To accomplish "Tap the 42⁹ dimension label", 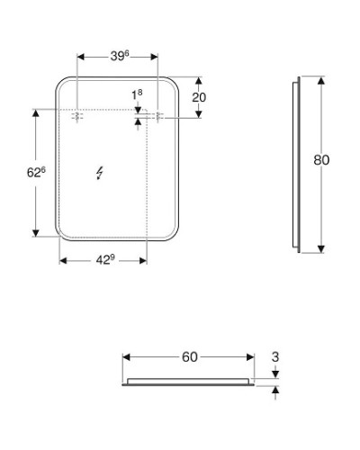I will coord(105,259).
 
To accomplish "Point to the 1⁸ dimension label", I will coord(137,94).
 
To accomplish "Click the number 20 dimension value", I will coord(200,97).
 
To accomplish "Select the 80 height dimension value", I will coord(321,160).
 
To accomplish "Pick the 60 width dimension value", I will coord(189,357).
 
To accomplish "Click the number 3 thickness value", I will coord(275,357).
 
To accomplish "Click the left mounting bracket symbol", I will coord(78,116).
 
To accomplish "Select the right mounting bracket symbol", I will coord(159,116).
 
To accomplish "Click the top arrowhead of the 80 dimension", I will coord(321,82).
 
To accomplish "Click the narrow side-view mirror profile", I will coord(298,165).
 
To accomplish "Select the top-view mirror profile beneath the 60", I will coord(189,381).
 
